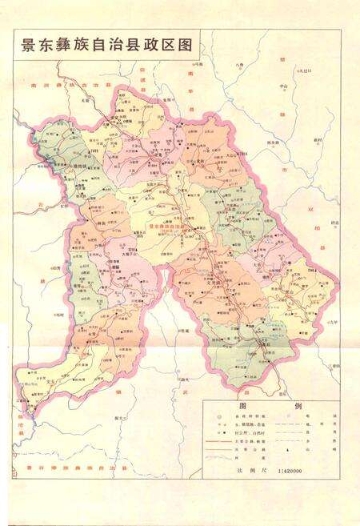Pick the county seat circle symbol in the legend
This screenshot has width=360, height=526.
[218, 418]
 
